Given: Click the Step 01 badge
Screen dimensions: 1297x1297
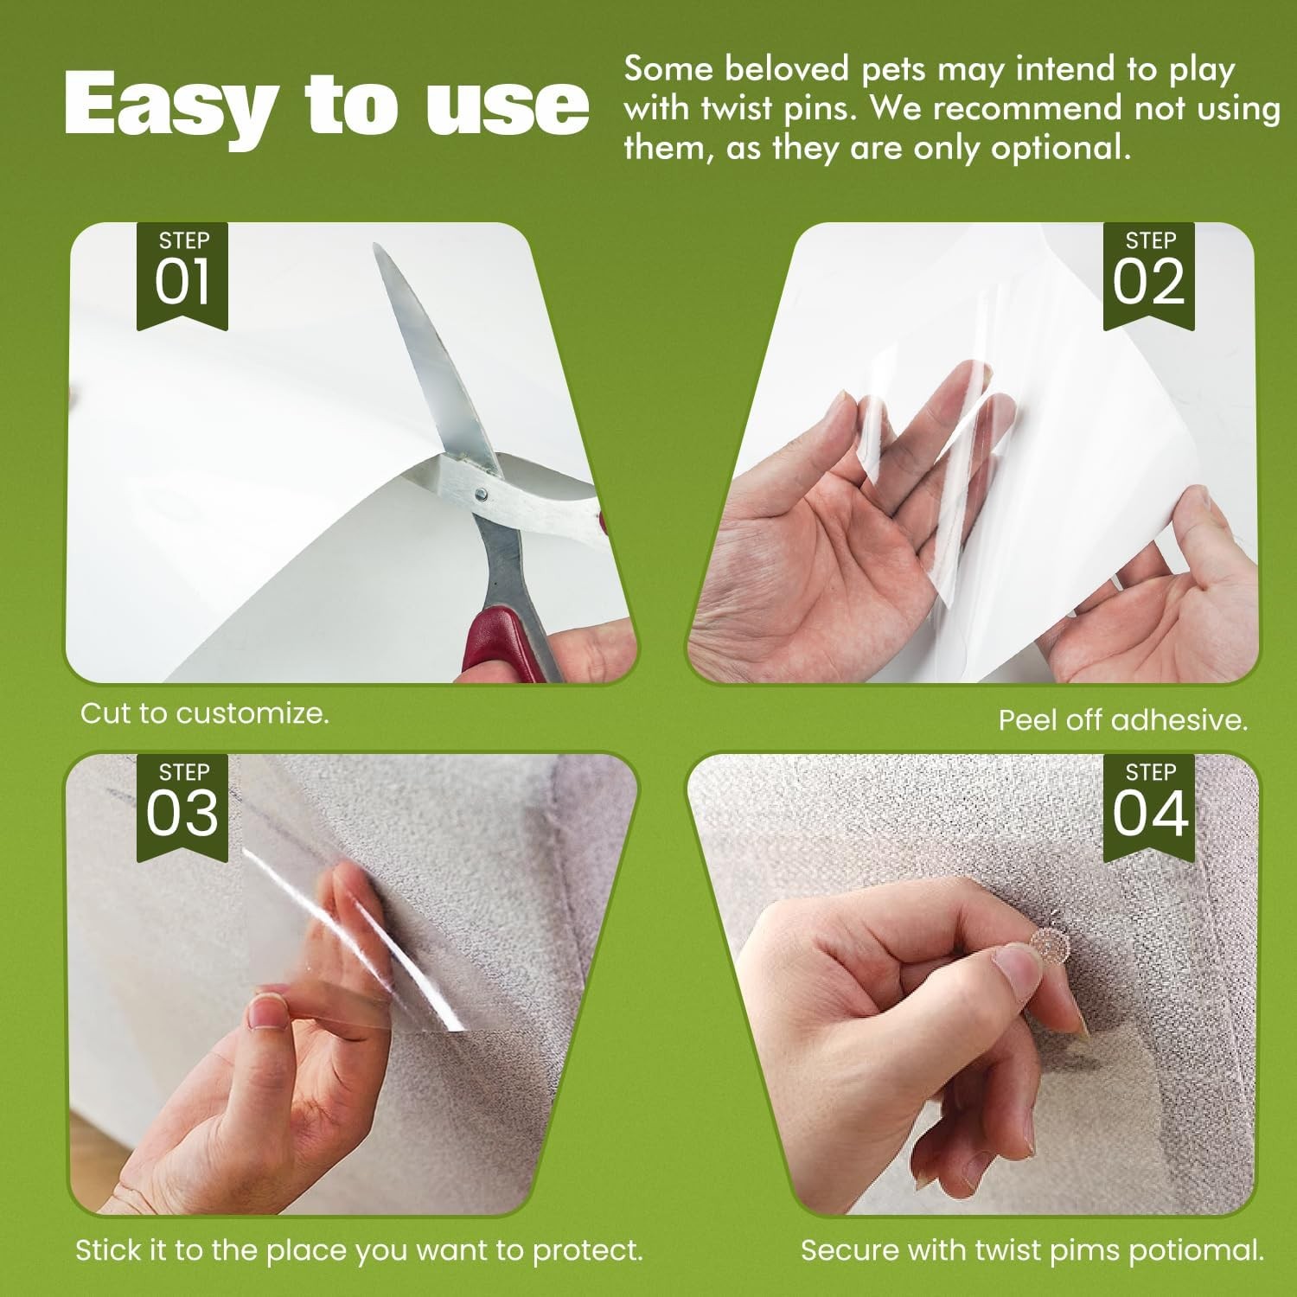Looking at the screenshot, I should pyautogui.click(x=182, y=275).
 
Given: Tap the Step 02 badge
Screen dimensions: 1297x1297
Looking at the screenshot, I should pyautogui.click(x=1148, y=275).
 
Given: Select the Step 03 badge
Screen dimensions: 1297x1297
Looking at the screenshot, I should pyautogui.click(x=182, y=806).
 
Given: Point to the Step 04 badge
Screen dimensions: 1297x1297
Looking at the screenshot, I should pyautogui.click(x=1148, y=806).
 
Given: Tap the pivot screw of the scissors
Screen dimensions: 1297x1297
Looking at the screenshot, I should pyautogui.click(x=481, y=494).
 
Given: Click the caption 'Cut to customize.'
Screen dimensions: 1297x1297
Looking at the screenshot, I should pyautogui.click(x=205, y=713).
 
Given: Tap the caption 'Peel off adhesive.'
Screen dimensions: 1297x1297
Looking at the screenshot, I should pyautogui.click(x=1123, y=720).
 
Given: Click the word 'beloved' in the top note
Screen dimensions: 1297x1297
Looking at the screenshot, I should pyautogui.click(x=774, y=69).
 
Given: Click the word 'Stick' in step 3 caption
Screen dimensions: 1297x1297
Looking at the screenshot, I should pyautogui.click(x=107, y=1249).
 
